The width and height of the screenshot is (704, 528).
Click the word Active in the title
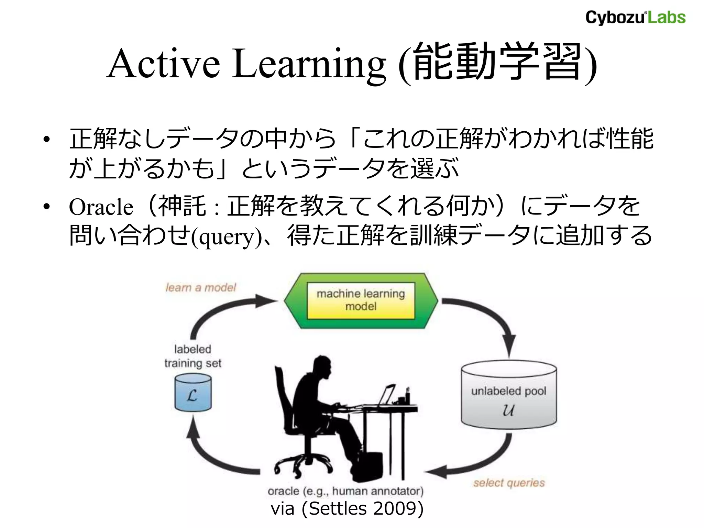point(164,64)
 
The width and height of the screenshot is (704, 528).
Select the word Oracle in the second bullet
point(101,207)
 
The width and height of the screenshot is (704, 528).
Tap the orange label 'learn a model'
point(201,287)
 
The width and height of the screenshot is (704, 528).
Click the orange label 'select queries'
point(509,483)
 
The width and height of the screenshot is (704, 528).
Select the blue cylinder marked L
point(193,393)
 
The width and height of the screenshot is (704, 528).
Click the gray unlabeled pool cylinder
point(508,395)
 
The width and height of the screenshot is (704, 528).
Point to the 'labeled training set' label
point(192,356)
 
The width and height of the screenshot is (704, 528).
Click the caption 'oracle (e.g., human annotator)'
point(345,491)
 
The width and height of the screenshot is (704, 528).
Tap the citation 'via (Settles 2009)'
point(347,509)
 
